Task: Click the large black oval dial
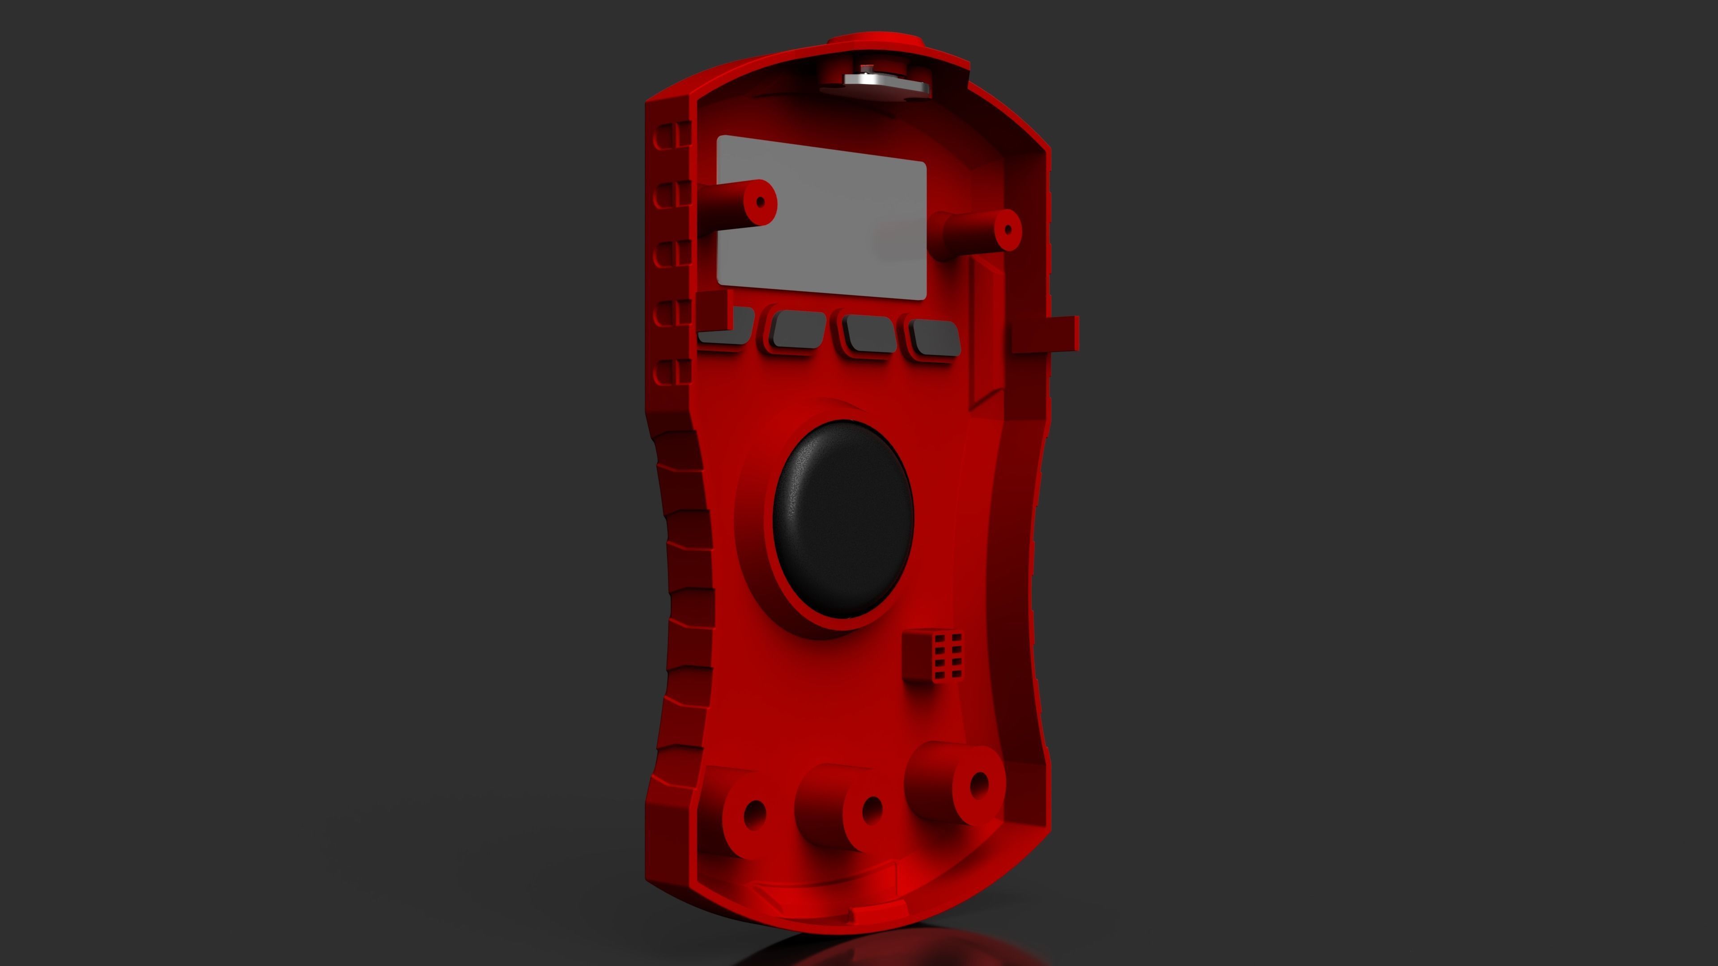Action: [842, 519]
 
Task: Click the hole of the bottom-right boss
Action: [978, 785]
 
